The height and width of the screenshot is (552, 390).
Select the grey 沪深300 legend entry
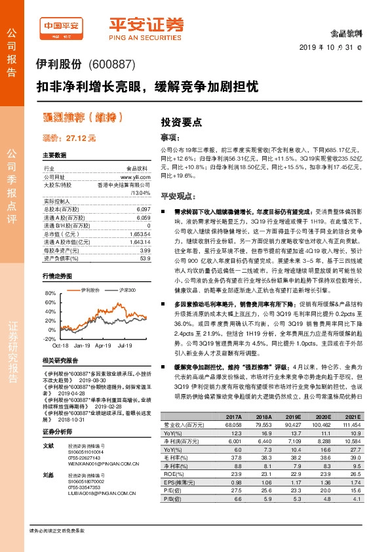pos(126,290)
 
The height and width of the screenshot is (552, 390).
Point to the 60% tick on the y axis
pos(49,304)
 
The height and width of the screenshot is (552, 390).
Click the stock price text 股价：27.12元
pos(69,138)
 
